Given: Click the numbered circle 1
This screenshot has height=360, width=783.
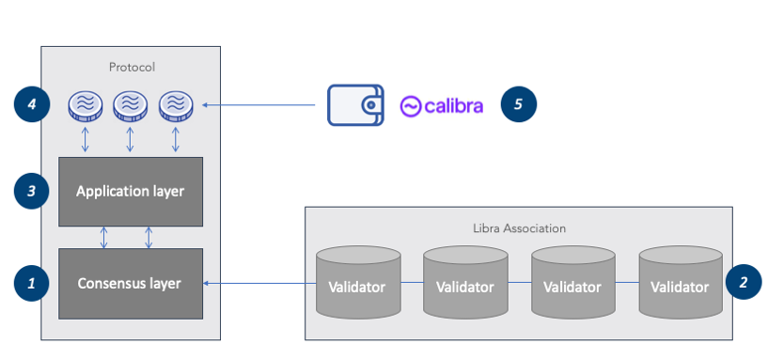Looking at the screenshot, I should (31, 282).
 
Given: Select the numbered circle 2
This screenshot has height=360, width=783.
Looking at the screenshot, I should (744, 281).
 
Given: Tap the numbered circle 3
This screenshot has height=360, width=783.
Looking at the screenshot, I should (31, 191).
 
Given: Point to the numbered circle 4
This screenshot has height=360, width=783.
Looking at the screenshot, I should (31, 104).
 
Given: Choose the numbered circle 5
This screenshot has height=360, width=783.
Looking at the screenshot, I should (518, 104).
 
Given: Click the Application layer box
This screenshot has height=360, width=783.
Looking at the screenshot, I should (131, 192).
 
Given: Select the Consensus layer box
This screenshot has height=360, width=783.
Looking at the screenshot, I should (131, 283).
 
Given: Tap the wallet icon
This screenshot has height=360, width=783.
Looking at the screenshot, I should (355, 105).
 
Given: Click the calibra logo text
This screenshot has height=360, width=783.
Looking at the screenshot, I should (442, 105).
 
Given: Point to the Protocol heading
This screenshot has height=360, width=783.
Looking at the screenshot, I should (131, 67).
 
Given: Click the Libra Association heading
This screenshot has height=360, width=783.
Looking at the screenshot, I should (518, 227).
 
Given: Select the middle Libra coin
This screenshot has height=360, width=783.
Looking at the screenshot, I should (130, 105).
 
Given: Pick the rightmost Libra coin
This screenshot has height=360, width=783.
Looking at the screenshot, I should (175, 105).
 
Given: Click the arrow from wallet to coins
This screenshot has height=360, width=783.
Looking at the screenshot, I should (258, 105).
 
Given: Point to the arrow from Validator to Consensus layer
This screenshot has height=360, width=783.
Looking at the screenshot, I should (259, 282).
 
